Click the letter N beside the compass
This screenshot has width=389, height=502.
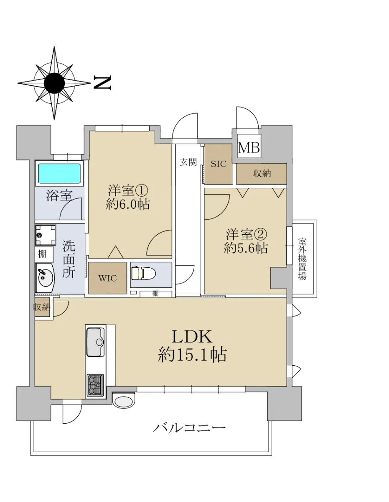[x=102, y=82]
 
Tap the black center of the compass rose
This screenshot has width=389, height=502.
[x=54, y=83]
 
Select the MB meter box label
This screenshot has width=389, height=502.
[x=249, y=147]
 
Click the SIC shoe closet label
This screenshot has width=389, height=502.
[x=218, y=164]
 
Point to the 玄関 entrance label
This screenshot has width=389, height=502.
[x=188, y=162]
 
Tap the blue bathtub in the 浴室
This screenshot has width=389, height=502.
[x=59, y=173]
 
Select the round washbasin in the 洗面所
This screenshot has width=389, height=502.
[x=45, y=278]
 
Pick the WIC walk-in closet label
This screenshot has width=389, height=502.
[x=107, y=278]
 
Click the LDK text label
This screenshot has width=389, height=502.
[x=192, y=336]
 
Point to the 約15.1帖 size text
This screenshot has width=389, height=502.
[x=192, y=355]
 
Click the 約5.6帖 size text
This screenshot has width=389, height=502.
[x=246, y=248]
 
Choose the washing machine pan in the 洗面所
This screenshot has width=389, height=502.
[x=46, y=235]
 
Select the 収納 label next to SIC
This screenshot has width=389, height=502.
[x=262, y=174]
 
